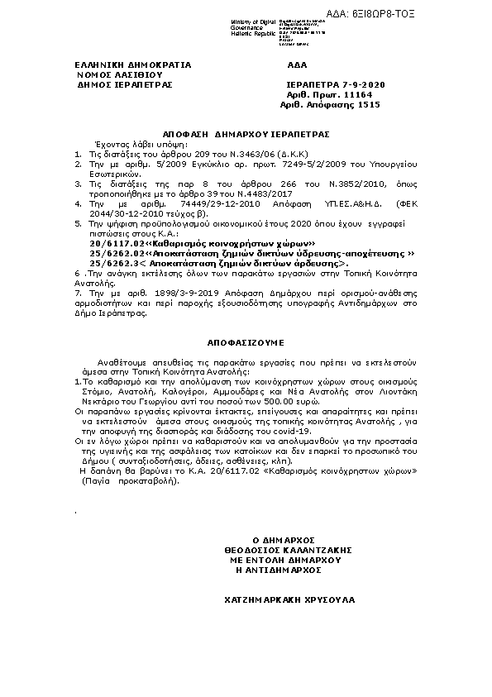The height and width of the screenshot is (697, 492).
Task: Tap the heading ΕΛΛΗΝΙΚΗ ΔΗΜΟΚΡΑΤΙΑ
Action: tap(122, 64)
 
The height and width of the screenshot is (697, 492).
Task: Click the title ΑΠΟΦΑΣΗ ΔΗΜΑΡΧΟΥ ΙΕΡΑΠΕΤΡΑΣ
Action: tap(246, 132)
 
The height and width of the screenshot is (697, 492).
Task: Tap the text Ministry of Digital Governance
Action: tap(251, 22)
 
